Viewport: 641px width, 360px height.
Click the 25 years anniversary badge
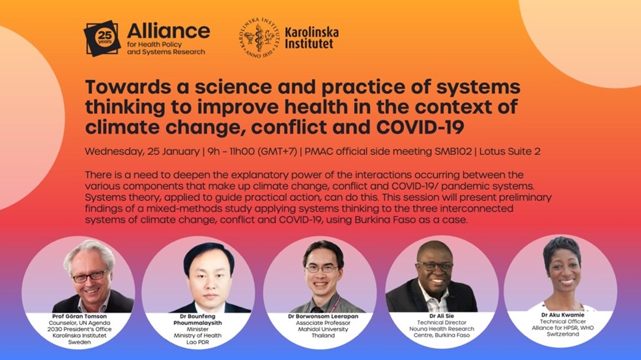click(102, 38)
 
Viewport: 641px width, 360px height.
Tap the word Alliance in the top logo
click(169, 31)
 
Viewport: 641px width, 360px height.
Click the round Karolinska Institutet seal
click(259, 38)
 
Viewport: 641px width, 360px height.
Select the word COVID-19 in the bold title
click(420, 127)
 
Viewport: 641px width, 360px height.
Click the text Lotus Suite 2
click(510, 152)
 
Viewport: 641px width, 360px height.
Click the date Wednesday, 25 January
click(142, 152)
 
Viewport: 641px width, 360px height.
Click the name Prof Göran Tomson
click(79, 316)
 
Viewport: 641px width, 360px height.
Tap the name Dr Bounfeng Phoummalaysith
click(198, 320)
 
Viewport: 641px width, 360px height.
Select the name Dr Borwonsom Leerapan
click(323, 316)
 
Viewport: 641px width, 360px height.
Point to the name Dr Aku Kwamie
click(563, 315)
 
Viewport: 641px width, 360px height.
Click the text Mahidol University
click(323, 329)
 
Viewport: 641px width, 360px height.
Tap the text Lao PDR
click(197, 342)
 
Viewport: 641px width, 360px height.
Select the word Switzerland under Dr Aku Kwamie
click(563, 334)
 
